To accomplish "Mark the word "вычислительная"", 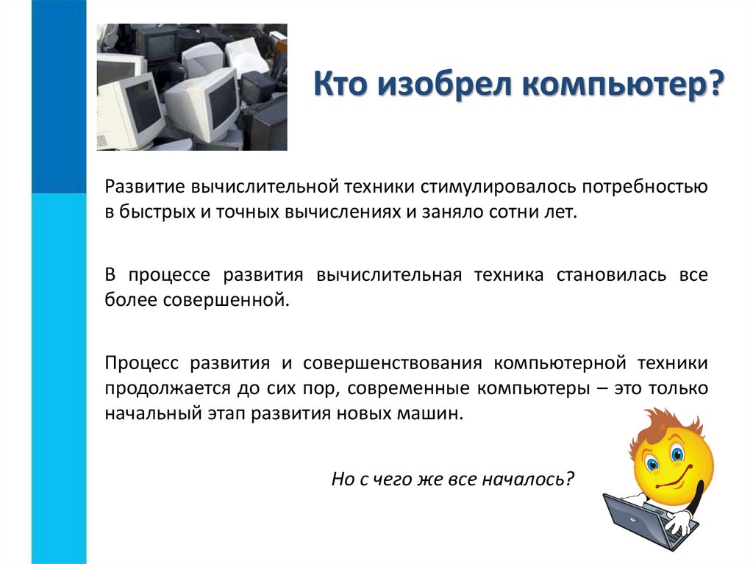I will (390, 275).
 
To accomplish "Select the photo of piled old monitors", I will (192, 87).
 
